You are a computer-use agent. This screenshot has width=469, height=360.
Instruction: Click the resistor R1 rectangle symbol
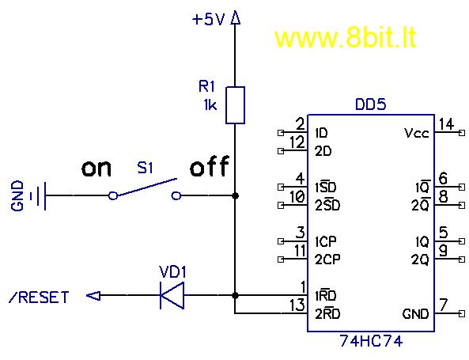coord(235,105)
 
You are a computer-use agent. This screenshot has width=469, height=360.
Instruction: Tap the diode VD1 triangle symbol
coord(172,295)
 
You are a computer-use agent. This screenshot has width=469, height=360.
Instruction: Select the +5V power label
coord(208,20)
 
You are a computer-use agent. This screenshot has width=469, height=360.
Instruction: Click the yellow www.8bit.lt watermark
coord(346,38)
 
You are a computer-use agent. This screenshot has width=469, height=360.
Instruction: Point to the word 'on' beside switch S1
coord(96,169)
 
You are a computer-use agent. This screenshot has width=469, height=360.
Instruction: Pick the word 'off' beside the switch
coord(210,166)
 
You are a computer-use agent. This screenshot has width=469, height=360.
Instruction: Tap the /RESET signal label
coord(40,297)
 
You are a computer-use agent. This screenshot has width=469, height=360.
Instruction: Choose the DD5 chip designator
coord(371,104)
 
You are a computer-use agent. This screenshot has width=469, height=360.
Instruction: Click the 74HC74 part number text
coord(371,341)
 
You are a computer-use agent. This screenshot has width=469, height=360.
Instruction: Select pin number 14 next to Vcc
coord(447,124)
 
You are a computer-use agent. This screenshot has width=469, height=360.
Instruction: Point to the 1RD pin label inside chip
coord(326,296)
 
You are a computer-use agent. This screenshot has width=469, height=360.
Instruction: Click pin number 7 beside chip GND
coord(443,305)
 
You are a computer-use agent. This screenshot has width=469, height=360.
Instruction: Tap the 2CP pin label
coord(327,260)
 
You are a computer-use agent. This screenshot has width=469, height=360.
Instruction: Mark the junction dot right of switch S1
coord(236,195)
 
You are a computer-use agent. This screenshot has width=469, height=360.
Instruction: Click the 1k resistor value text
coord(210,105)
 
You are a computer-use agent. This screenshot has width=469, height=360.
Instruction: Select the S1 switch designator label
coord(145,168)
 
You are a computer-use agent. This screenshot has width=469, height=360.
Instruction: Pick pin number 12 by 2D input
coord(297,142)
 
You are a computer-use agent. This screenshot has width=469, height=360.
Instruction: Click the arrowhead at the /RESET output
coord(93,296)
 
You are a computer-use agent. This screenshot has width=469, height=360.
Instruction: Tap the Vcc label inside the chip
coord(417,133)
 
